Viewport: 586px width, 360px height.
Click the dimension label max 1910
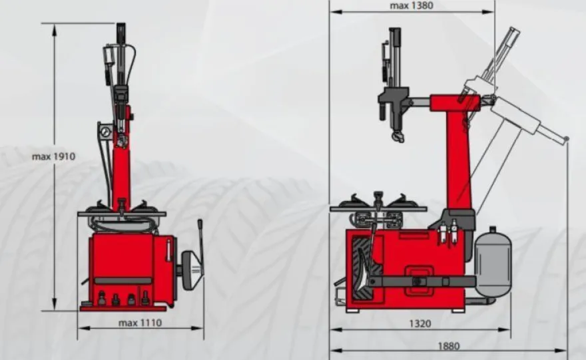tap(53, 156)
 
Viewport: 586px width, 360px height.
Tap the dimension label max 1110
tap(140, 323)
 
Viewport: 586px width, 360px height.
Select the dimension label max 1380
tap(412, 5)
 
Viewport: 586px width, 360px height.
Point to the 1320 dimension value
tap(420, 323)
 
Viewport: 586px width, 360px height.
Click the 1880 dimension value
tap(448, 346)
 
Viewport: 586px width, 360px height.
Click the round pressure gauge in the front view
tap(105, 132)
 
